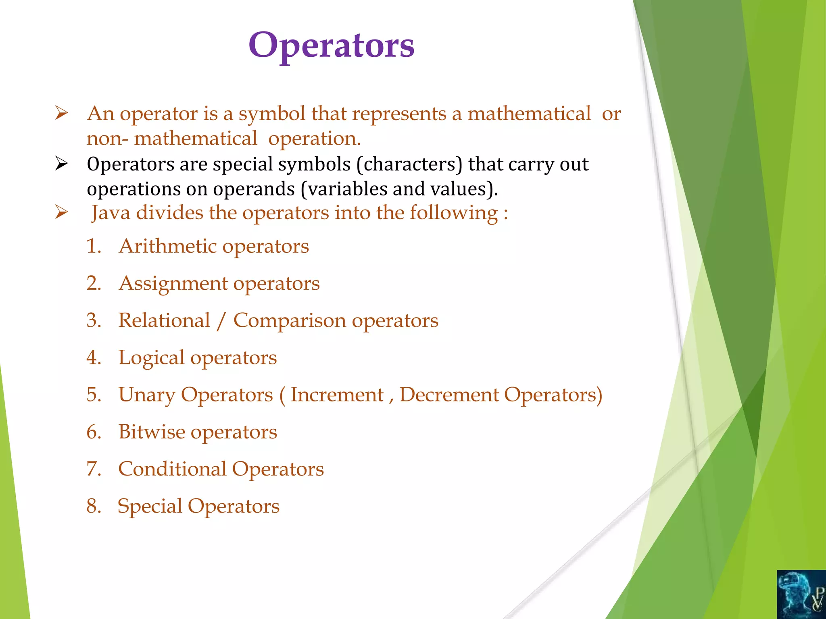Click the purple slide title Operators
331,46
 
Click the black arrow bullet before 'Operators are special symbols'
61,164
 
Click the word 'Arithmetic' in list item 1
168,246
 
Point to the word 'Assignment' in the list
173,284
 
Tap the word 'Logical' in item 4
151,358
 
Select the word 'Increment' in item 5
337,395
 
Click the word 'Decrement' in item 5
449,395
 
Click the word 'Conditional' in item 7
172,469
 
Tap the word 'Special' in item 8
150,507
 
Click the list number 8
93,506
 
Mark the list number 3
93,321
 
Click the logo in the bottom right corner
801,594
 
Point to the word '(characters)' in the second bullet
409,164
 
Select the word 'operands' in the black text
254,189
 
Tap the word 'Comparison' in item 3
290,321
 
